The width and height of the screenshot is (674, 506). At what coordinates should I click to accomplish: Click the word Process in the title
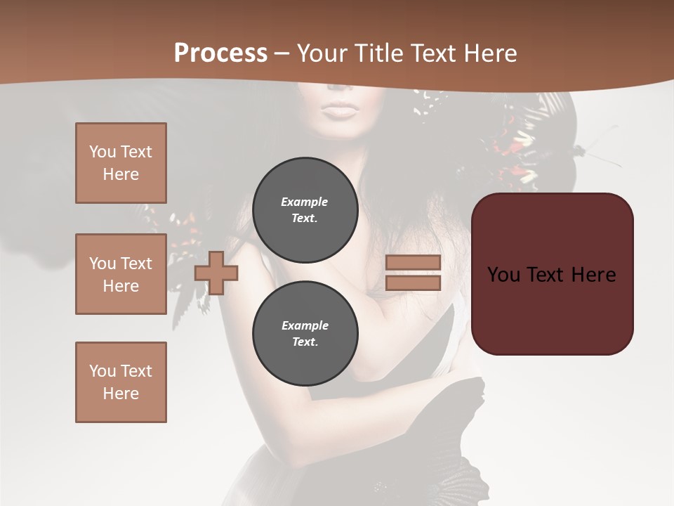(x=220, y=53)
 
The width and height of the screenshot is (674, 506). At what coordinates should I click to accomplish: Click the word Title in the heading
(x=378, y=53)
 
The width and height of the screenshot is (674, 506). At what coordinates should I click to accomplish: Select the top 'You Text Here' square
(x=121, y=163)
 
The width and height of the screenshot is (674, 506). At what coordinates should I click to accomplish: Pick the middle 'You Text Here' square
(x=121, y=274)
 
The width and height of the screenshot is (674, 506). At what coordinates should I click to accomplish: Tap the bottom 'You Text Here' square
(x=121, y=382)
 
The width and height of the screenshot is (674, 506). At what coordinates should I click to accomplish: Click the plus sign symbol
(x=216, y=273)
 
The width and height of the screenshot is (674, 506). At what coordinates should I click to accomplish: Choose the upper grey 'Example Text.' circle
(x=305, y=210)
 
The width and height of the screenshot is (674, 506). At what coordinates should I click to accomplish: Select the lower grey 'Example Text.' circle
(x=305, y=334)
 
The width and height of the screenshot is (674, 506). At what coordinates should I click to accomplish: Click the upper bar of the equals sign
(x=413, y=262)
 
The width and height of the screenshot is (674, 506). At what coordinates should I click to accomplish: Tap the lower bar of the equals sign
(x=413, y=283)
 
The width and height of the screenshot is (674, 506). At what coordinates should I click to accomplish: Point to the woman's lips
(x=341, y=110)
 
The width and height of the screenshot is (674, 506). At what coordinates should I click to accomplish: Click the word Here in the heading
(x=489, y=53)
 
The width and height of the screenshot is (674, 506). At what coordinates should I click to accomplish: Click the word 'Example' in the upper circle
(x=305, y=202)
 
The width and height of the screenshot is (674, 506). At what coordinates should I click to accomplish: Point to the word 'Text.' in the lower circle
(x=305, y=342)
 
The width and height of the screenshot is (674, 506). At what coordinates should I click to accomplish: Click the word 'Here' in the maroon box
(x=593, y=275)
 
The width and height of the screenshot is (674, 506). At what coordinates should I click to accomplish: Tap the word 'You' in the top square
(x=103, y=152)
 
